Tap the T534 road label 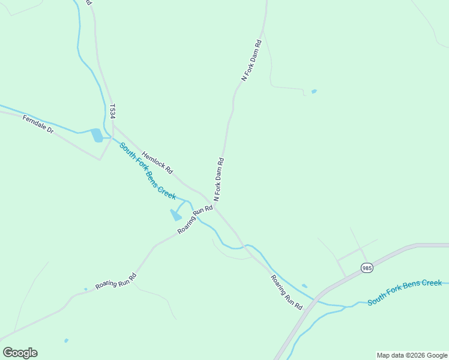pyautogui.click(x=112, y=111)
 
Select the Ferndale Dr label pyautogui.click(x=38, y=124)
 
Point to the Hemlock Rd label pyautogui.click(x=157, y=162)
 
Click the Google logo pyautogui.click(x=20, y=352)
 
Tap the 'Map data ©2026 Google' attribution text pyautogui.click(x=412, y=355)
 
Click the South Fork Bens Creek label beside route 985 pyautogui.click(x=405, y=292)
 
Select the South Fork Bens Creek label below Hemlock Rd pyautogui.click(x=147, y=171)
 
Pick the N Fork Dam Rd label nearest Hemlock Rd pyautogui.click(x=219, y=179)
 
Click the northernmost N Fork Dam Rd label pyautogui.click(x=252, y=61)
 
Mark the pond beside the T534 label pyautogui.click(x=97, y=136)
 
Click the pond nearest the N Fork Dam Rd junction pyautogui.click(x=176, y=215)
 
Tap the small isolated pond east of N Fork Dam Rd pyautogui.click(x=314, y=92)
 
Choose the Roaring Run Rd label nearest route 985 pyautogui.click(x=286, y=292)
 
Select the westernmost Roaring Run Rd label pyautogui.click(x=116, y=281)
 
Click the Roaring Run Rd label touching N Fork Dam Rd pyautogui.click(x=195, y=220)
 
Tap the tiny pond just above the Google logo pyautogui.click(x=66, y=341)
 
